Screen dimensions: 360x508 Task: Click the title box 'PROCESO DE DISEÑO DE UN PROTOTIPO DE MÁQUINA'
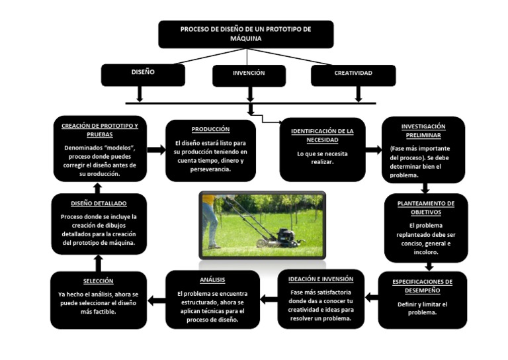point(245,34)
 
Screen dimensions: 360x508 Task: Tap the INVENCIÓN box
point(249,75)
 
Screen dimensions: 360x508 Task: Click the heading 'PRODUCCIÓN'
point(210,129)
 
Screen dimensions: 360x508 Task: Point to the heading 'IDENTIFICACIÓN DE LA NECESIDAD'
point(322,135)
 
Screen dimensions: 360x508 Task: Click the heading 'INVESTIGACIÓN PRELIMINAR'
point(423,130)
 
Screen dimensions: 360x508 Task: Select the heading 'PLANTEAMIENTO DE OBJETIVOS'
point(425,208)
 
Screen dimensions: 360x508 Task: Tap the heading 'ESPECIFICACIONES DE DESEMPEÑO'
point(422,285)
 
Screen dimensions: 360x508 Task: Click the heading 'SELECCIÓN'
point(99,281)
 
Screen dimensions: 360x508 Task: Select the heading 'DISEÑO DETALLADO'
point(99,203)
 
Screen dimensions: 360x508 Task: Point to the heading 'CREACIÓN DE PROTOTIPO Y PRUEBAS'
point(100,130)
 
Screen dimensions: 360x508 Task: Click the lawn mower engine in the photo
point(285,235)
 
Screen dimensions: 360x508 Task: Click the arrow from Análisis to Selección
point(156,300)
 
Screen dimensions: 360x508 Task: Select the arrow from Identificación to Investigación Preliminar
point(373,150)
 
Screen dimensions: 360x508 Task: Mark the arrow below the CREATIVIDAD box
point(358,94)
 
